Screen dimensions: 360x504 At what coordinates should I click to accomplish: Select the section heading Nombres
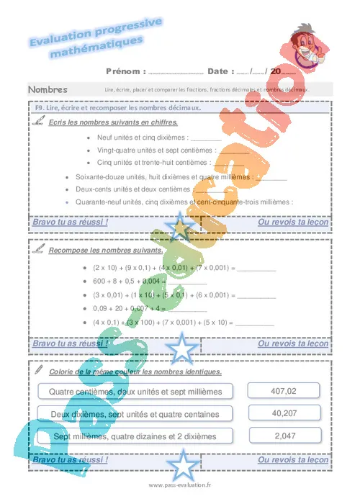(48, 90)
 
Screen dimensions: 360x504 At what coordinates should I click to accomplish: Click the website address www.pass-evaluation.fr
(180, 486)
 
